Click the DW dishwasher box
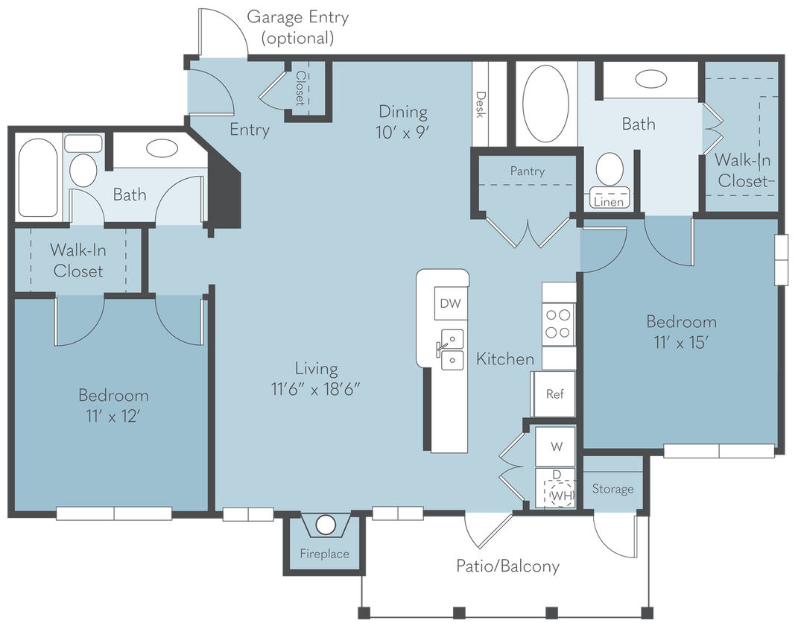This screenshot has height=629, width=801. [449, 303]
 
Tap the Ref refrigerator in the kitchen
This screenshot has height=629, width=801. [554, 394]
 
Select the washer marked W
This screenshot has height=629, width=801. [556, 447]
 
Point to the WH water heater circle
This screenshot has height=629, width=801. [560, 493]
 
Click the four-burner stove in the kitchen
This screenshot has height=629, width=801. [559, 323]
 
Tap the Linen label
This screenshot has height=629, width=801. [610, 201]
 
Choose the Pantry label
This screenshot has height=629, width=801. [527, 171]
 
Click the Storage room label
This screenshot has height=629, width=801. [612, 489]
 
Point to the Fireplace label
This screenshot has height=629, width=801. [324, 554]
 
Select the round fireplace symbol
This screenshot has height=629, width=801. [326, 525]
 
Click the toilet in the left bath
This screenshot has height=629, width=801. [83, 169]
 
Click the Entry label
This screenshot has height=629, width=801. [249, 130]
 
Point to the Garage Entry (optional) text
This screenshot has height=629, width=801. [297, 28]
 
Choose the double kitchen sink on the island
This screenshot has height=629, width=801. [451, 350]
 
